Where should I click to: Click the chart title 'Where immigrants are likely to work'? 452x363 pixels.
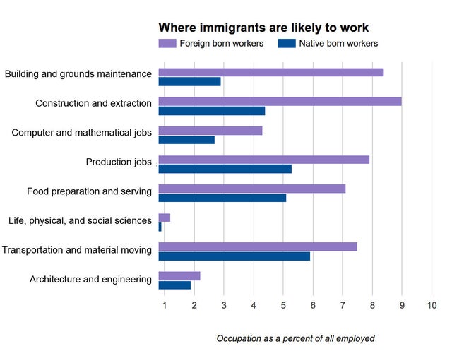pos(263,28)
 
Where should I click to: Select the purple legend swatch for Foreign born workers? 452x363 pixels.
pos(167,44)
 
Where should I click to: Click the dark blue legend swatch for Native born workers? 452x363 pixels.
pos(286,44)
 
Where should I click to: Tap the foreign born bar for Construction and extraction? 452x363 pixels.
pos(280,101)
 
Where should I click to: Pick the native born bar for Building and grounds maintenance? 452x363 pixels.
pos(189,82)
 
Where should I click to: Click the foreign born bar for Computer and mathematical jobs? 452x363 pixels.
pos(210,131)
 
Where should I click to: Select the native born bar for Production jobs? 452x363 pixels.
pos(225,169)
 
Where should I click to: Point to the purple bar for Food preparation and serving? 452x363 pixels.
pos(251,189)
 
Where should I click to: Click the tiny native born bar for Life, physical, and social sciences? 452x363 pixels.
pos(160,227)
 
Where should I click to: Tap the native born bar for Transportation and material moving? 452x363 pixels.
pos(234,256)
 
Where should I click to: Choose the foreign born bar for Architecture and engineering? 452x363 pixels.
pos(179,275)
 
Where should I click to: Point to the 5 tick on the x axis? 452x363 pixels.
pos(283,305)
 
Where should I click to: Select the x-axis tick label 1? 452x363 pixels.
pos(164,305)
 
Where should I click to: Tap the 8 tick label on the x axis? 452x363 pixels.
pos(372,305)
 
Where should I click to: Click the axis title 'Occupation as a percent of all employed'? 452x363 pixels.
pos(295,338)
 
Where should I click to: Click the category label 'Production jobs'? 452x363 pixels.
pos(119,162)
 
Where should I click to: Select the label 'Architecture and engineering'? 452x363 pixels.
pos(90,279)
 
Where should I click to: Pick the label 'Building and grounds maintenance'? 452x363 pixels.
pos(78,73)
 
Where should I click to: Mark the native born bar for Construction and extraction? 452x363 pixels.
pos(211,111)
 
